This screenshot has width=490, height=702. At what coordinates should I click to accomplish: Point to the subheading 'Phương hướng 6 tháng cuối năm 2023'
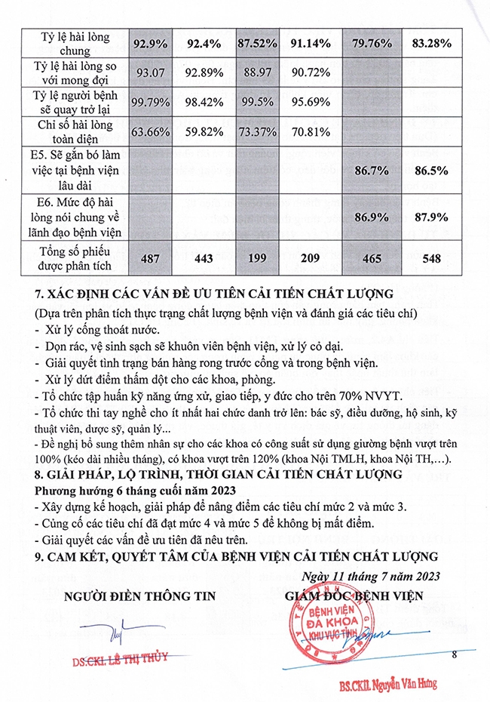click(125, 489)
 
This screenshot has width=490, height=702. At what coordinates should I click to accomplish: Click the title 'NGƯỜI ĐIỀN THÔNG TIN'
click(139, 596)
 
